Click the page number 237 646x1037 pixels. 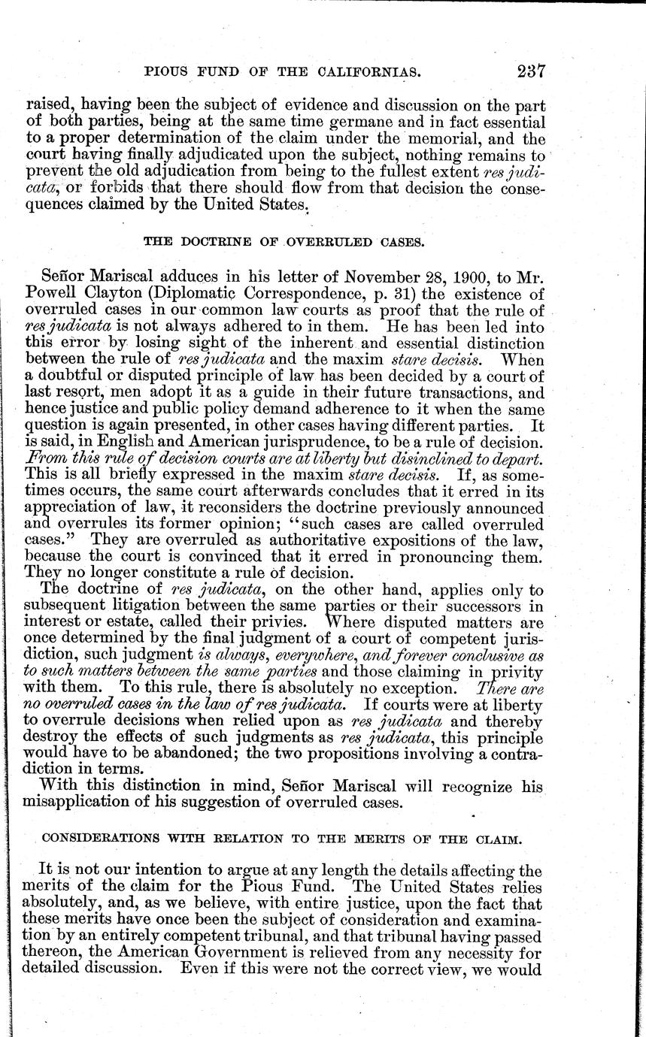click(x=530, y=72)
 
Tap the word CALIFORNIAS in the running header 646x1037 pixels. click(x=353, y=73)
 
